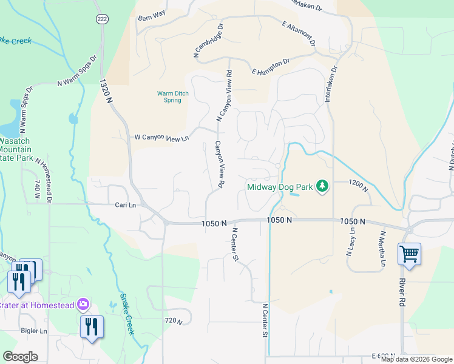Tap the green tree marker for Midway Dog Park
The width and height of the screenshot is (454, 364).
pyautogui.click(x=323, y=186)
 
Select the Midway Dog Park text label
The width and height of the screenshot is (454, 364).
pyautogui.click(x=280, y=187)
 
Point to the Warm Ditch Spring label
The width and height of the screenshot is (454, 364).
pyautogui.click(x=173, y=96)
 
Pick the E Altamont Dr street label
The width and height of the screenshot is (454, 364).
pyautogui.click(x=299, y=33)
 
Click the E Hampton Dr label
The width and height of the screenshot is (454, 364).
pyautogui.click(x=271, y=67)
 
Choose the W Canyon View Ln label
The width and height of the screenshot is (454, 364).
pyautogui.click(x=161, y=138)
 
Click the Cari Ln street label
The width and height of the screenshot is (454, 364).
pyautogui.click(x=126, y=205)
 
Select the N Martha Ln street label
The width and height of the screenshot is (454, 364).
pyautogui.click(x=382, y=248)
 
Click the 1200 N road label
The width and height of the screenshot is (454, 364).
pyautogui.click(x=359, y=185)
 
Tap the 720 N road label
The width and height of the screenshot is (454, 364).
pyautogui.click(x=174, y=320)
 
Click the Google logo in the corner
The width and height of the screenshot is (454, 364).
pyautogui.click(x=20, y=357)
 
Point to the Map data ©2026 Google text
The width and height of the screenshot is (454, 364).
pyautogui.click(x=416, y=359)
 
